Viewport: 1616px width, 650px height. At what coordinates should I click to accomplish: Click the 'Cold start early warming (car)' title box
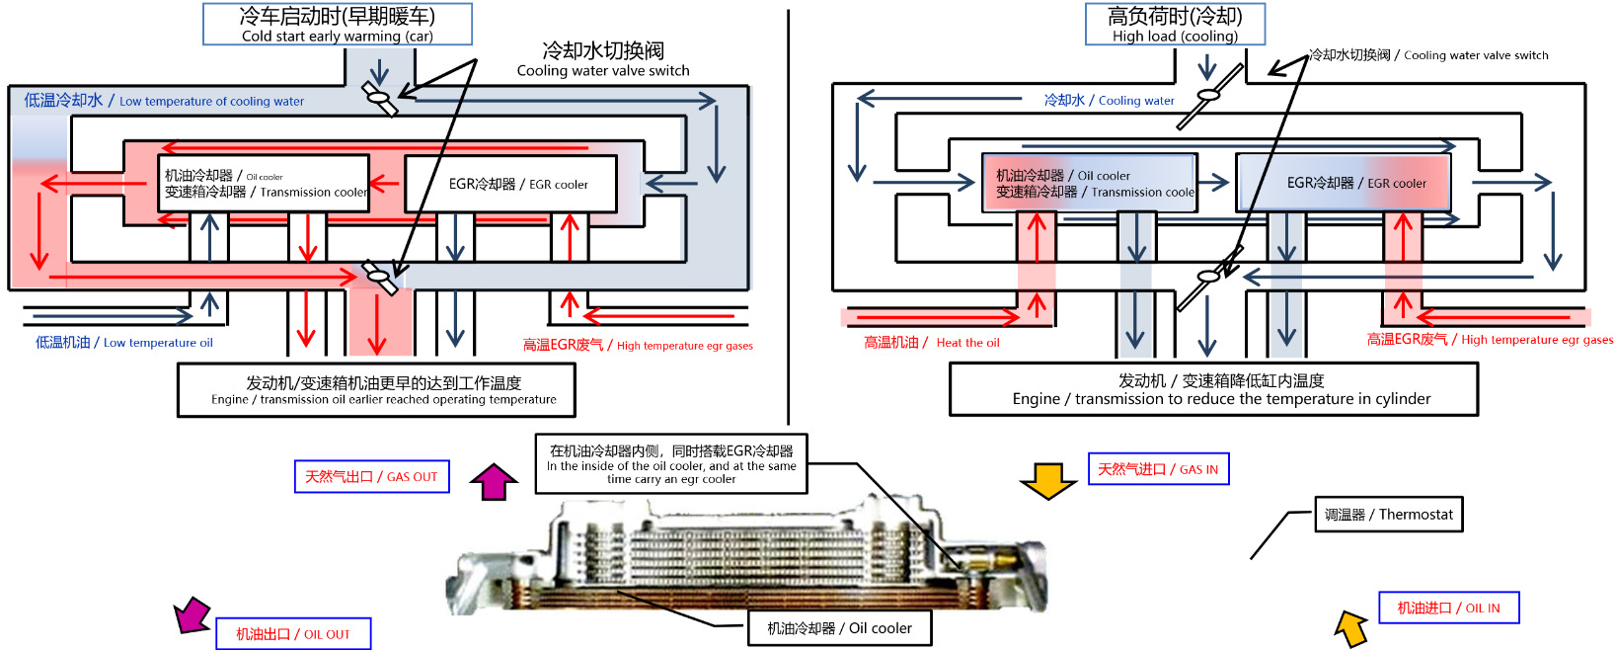tap(337, 24)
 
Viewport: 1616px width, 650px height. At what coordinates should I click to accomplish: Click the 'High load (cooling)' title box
tap(1174, 24)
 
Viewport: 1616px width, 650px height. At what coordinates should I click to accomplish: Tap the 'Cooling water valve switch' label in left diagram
tap(602, 59)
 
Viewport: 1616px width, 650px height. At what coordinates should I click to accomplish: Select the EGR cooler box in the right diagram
tap(1344, 183)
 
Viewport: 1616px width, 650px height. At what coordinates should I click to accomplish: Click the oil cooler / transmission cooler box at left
tap(264, 184)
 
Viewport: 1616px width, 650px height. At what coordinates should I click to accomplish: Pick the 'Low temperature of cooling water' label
tap(164, 101)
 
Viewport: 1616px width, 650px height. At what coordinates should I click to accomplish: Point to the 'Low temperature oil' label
tap(124, 343)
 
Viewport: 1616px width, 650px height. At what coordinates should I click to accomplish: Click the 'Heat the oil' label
tap(932, 343)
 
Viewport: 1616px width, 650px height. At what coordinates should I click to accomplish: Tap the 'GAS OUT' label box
tap(371, 476)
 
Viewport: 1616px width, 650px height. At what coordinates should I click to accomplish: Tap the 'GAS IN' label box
tap(1158, 469)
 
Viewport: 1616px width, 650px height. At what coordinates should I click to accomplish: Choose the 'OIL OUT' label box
tap(293, 634)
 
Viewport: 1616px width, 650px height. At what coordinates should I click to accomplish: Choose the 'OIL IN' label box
tap(1448, 608)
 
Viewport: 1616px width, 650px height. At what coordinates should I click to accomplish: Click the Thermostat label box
tap(1388, 515)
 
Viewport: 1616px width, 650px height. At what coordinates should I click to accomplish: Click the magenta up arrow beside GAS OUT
tap(494, 481)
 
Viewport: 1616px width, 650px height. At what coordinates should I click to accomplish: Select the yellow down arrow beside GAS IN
tap(1047, 479)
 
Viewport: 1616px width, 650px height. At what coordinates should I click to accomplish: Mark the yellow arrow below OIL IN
tap(1351, 627)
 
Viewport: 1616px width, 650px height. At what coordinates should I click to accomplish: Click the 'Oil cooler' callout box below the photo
tap(839, 628)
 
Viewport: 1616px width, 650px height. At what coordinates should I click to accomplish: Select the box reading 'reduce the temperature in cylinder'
tap(1213, 389)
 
